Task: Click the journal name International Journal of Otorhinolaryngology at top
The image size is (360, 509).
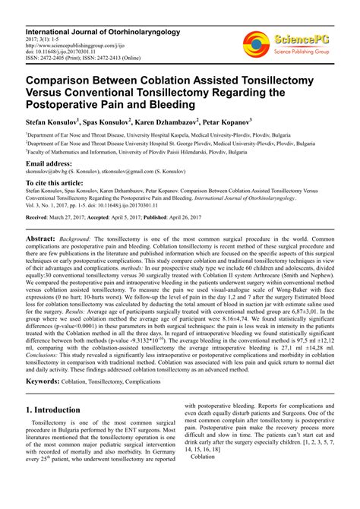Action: tap(102, 11)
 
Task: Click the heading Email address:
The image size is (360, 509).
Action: tap(49, 163)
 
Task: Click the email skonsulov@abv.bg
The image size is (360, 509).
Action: tap(48, 172)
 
